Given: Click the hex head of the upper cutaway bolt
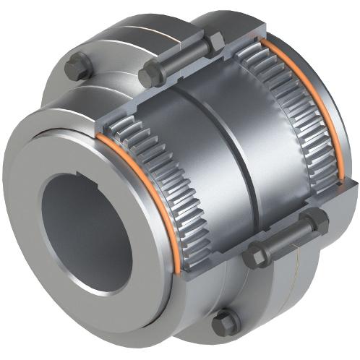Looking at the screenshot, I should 151,75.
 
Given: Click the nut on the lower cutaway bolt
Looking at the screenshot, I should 317,222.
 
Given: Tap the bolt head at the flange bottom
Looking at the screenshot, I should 226,322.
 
